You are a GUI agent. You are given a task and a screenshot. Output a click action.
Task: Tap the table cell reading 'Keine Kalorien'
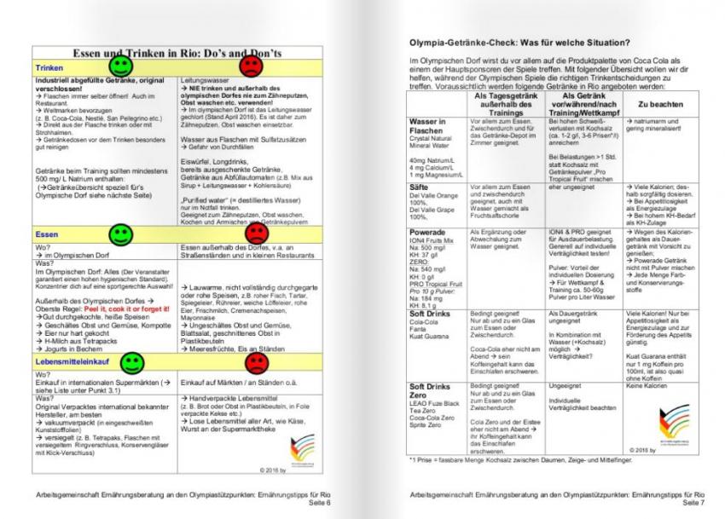click(649, 386)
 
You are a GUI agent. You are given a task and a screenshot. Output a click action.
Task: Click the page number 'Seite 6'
click(327, 504)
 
